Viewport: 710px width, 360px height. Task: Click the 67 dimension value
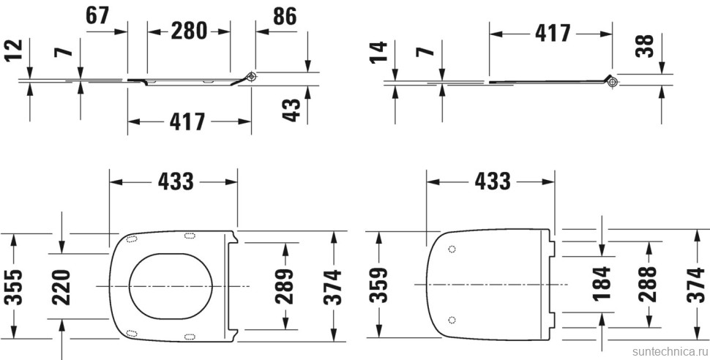(101, 15)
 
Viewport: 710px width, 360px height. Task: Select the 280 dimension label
(189, 30)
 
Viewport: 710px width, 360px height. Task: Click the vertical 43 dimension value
(292, 110)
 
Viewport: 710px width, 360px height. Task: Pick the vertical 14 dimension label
(378, 53)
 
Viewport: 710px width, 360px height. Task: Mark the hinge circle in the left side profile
(252, 76)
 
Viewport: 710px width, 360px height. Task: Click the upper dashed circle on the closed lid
(451, 250)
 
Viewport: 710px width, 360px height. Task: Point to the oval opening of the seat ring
(171, 285)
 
